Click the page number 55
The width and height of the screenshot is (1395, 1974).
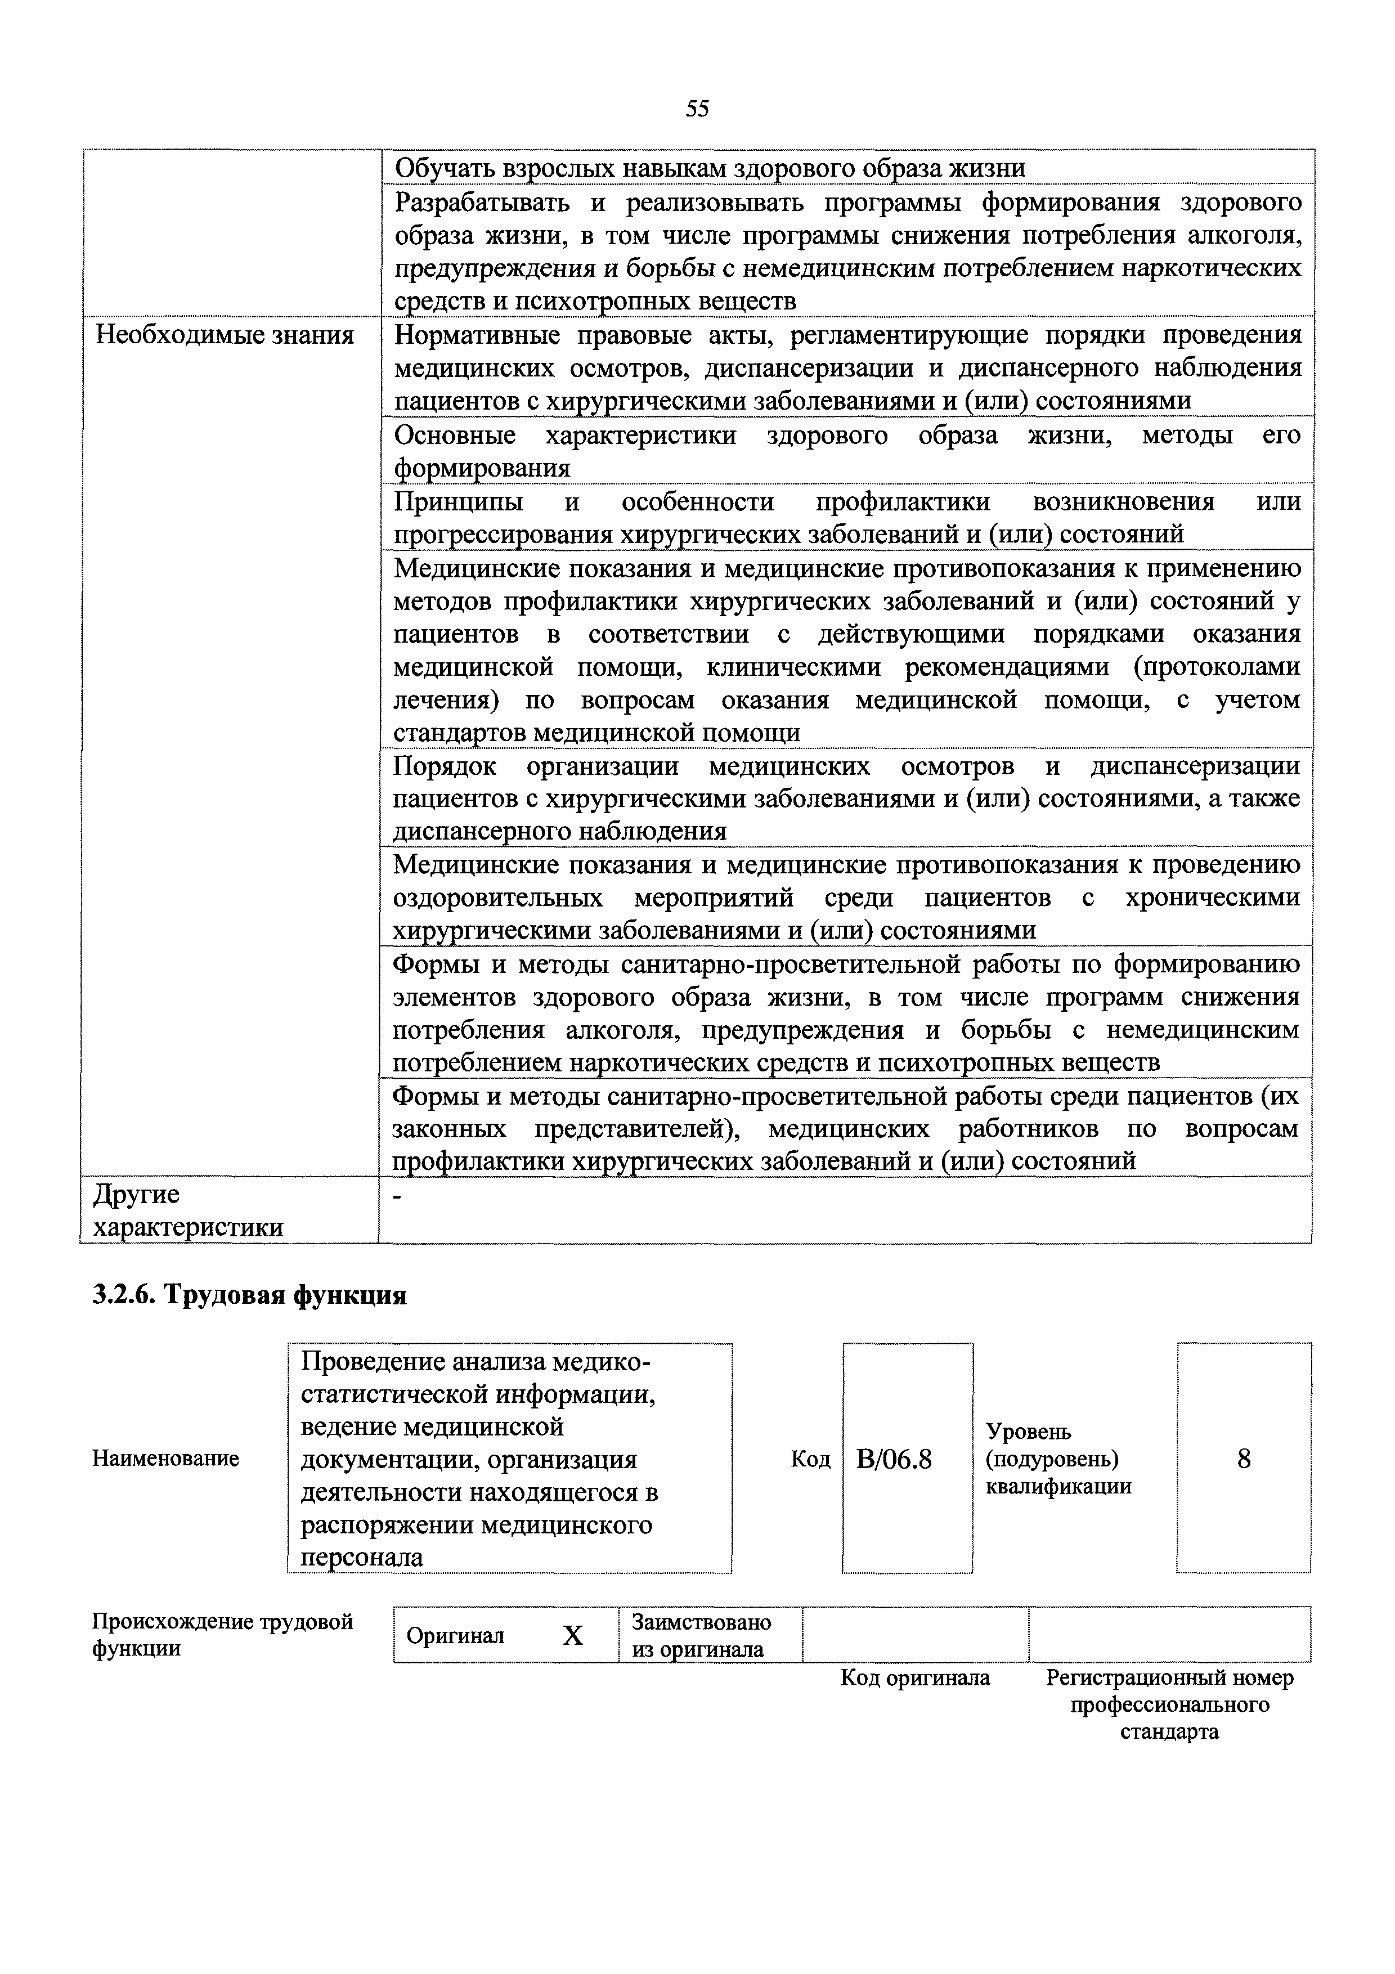(697, 109)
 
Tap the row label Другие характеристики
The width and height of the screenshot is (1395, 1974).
(187, 1210)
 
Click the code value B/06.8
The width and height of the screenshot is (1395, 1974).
(894, 1459)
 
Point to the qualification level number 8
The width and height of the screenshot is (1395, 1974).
(1243, 1458)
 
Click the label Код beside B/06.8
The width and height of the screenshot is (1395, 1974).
(810, 1459)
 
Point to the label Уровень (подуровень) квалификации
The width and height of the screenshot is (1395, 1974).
(1058, 1459)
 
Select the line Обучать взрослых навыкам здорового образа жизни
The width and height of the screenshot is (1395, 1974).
(709, 168)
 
